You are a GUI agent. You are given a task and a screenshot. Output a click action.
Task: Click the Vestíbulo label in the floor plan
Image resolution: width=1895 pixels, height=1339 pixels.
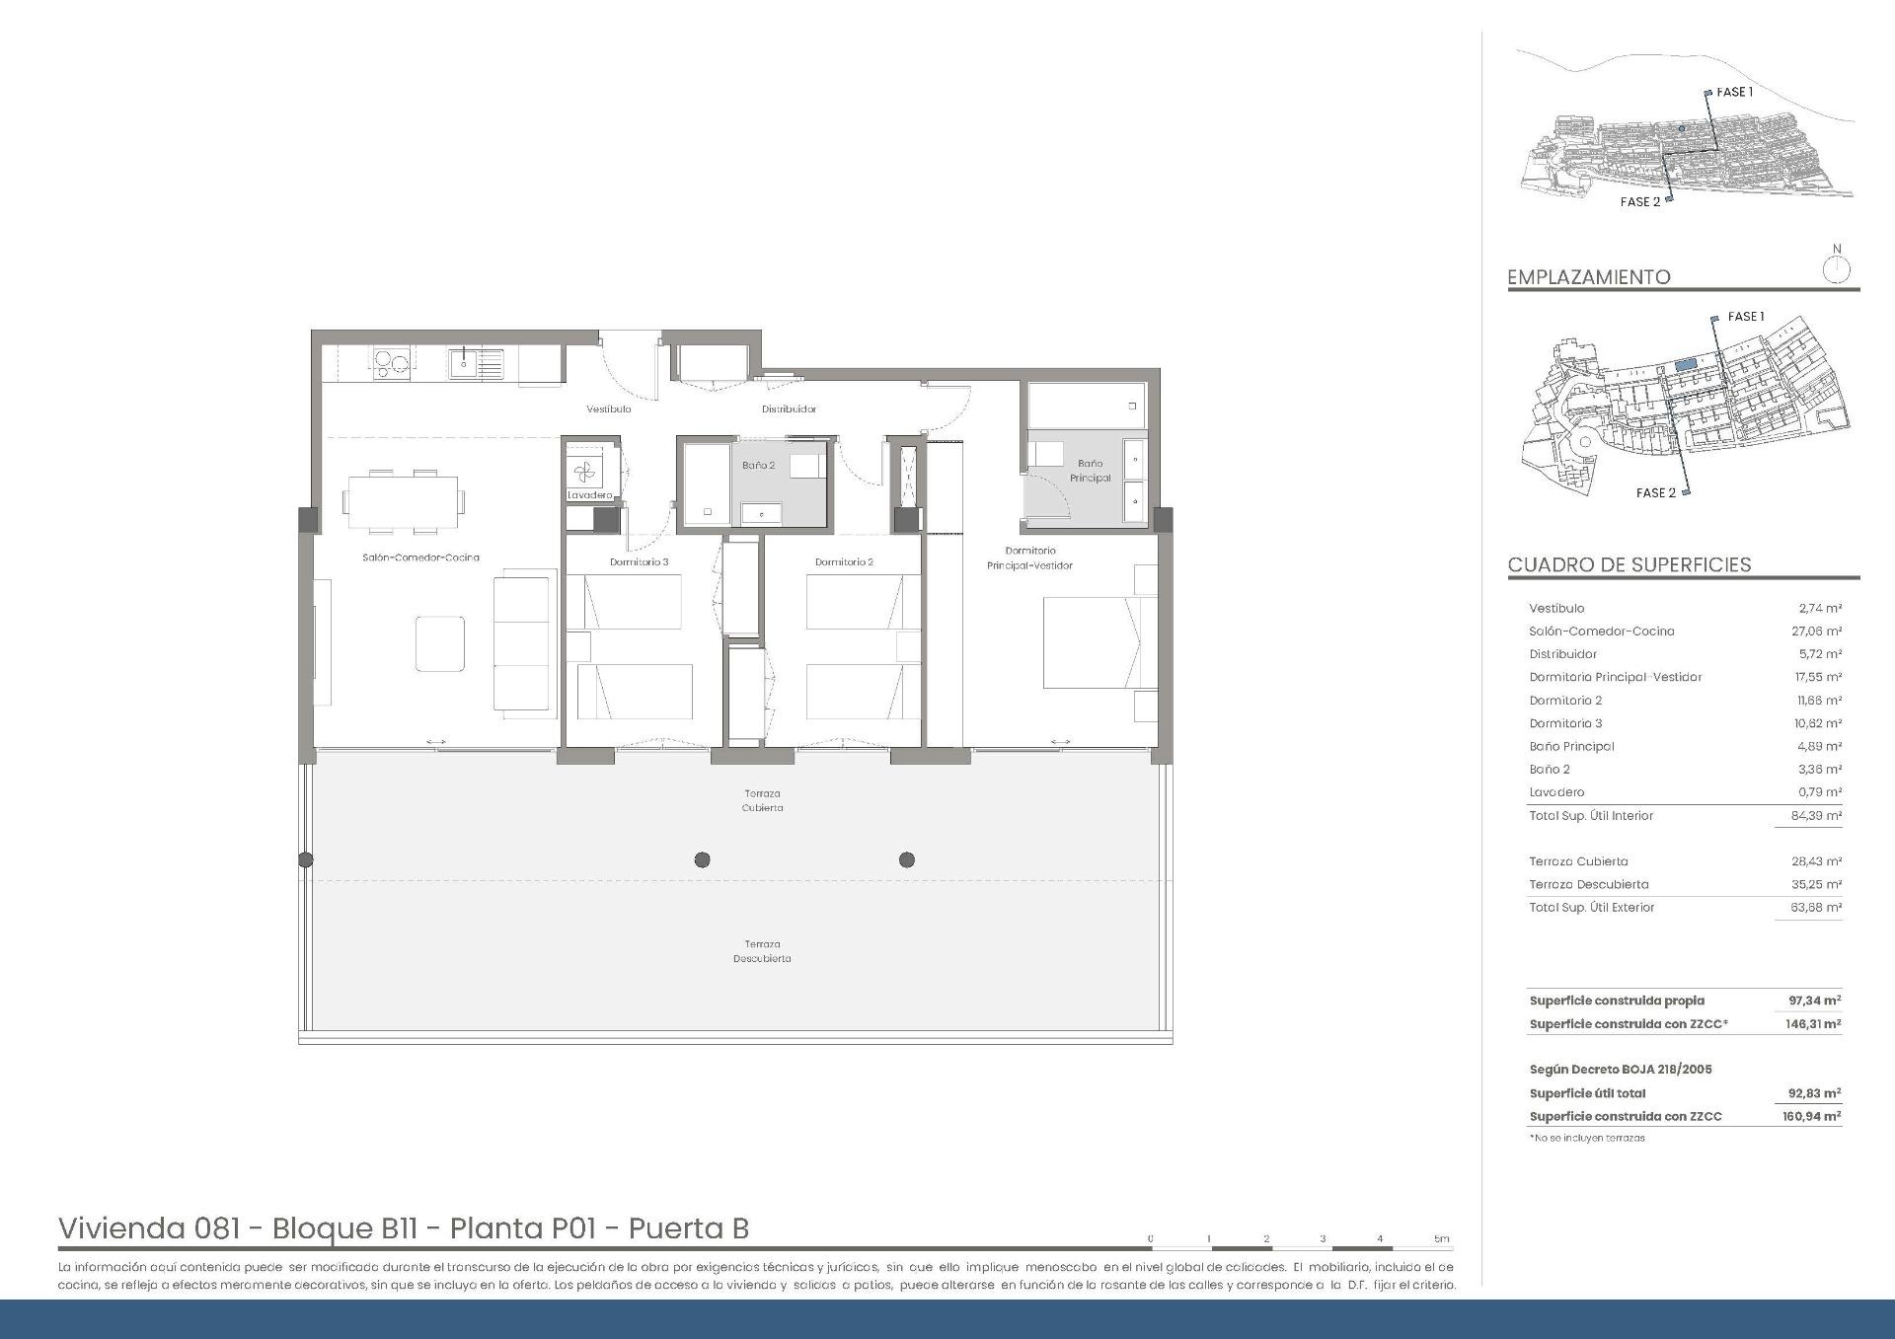pyautogui.click(x=608, y=409)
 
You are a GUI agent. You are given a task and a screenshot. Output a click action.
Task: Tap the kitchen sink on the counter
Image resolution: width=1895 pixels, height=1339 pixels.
pyautogui.click(x=465, y=363)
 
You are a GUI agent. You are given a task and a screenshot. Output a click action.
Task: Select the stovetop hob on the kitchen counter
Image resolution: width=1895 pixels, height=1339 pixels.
pyautogui.click(x=391, y=364)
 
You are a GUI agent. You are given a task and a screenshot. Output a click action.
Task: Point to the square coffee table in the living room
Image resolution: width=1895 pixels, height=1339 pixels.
pyautogui.click(x=440, y=644)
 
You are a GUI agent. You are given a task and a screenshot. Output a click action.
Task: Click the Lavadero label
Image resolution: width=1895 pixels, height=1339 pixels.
pyautogui.click(x=589, y=495)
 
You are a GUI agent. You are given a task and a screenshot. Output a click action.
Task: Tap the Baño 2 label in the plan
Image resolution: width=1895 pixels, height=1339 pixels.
pyautogui.click(x=758, y=465)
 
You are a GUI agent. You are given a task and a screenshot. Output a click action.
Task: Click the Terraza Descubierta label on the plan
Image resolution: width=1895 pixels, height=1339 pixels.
pyautogui.click(x=762, y=951)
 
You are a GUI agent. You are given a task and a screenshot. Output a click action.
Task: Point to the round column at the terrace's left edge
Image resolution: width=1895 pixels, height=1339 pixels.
pyautogui.click(x=306, y=859)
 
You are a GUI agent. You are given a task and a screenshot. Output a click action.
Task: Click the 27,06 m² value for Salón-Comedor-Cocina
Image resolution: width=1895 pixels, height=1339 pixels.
pyautogui.click(x=1817, y=632)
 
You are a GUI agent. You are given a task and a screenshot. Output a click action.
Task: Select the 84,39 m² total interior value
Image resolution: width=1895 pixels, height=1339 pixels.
pyautogui.click(x=1817, y=816)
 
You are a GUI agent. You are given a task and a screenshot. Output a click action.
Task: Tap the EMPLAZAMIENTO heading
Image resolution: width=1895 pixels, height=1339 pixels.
pyautogui.click(x=1588, y=277)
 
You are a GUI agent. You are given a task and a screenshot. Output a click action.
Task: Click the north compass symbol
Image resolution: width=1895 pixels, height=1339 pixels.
pyautogui.click(x=1836, y=267)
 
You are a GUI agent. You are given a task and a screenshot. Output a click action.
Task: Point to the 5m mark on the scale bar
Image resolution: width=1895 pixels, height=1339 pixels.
pyautogui.click(x=1441, y=1239)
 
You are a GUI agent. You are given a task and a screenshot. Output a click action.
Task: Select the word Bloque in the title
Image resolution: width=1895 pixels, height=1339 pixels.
pyautogui.click(x=322, y=1228)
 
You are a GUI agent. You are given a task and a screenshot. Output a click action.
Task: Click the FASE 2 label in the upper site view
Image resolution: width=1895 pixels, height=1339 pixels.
pyautogui.click(x=1639, y=201)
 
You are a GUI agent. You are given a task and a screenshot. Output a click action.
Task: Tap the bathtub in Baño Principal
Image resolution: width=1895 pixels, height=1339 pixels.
pyautogui.click(x=1086, y=406)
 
